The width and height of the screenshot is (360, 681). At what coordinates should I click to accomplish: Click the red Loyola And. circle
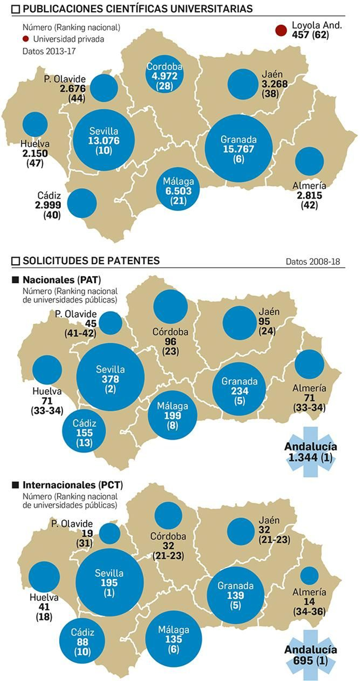click(x=281, y=30)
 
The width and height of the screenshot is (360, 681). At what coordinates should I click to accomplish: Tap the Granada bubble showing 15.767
click(x=238, y=148)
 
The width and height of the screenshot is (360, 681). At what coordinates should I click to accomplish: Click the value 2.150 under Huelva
click(x=35, y=153)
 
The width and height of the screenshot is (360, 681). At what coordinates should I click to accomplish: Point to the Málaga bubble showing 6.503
click(x=178, y=189)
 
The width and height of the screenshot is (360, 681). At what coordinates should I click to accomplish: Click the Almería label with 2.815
click(x=309, y=195)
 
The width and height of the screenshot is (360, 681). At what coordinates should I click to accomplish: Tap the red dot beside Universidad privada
click(x=26, y=39)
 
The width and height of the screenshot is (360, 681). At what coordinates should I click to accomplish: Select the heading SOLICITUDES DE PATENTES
click(x=91, y=261)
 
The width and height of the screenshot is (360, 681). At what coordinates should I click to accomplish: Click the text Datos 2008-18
click(x=313, y=262)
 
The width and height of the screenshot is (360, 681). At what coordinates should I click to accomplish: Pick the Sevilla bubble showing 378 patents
click(x=110, y=377)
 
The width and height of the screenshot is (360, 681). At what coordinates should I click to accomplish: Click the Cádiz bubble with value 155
click(x=84, y=431)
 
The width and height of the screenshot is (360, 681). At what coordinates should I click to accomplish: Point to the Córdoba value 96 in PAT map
click(x=171, y=341)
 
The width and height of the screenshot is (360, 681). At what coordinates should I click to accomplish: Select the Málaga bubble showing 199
click(x=172, y=415)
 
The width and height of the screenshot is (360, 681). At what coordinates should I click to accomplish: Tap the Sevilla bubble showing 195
click(x=109, y=582)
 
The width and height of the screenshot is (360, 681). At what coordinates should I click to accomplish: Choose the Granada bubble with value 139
click(x=235, y=595)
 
